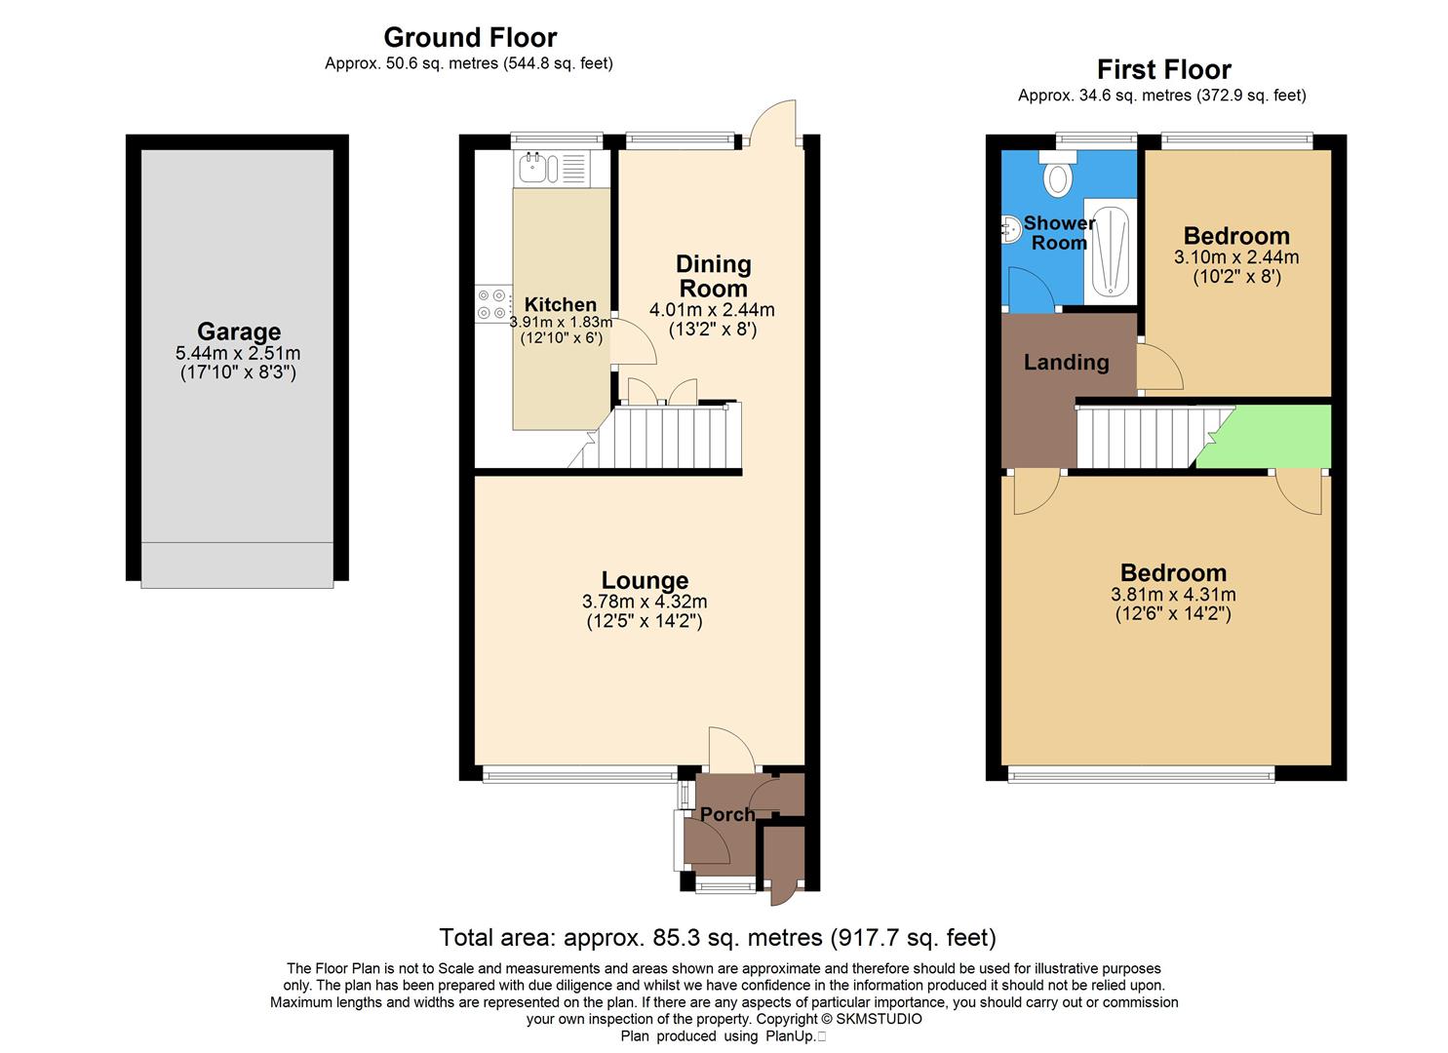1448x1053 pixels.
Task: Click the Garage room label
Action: [238, 331]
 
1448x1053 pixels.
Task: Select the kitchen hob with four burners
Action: [492, 303]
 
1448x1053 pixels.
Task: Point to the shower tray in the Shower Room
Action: [1111, 251]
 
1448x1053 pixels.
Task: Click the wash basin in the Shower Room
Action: [1009, 228]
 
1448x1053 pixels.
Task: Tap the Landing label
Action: [1066, 363]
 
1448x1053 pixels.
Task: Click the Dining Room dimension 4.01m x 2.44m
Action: [712, 310]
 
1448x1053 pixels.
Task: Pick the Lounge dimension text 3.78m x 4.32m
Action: [644, 602]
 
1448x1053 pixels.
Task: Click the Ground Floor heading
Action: [470, 37]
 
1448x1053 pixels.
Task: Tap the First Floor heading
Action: [1163, 69]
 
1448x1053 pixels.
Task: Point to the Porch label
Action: [727, 814]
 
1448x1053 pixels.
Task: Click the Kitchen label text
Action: [560, 304]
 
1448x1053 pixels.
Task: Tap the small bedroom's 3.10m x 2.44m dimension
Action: [1235, 257]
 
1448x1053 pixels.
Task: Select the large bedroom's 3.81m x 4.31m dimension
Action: [1173, 595]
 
